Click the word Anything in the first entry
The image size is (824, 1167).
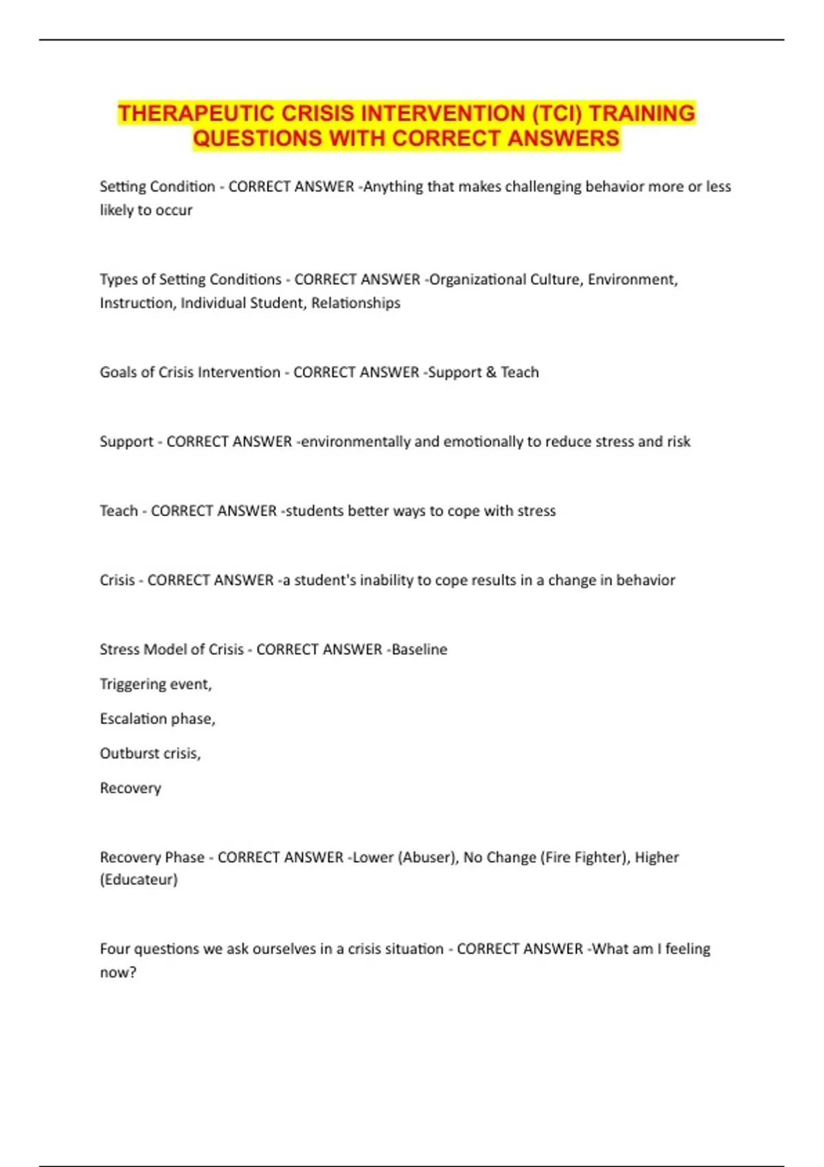[x=393, y=187]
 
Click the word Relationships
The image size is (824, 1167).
[x=356, y=303]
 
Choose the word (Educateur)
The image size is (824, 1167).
[x=139, y=879]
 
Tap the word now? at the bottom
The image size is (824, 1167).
[x=118, y=972]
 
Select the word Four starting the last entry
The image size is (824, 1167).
[x=114, y=949]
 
